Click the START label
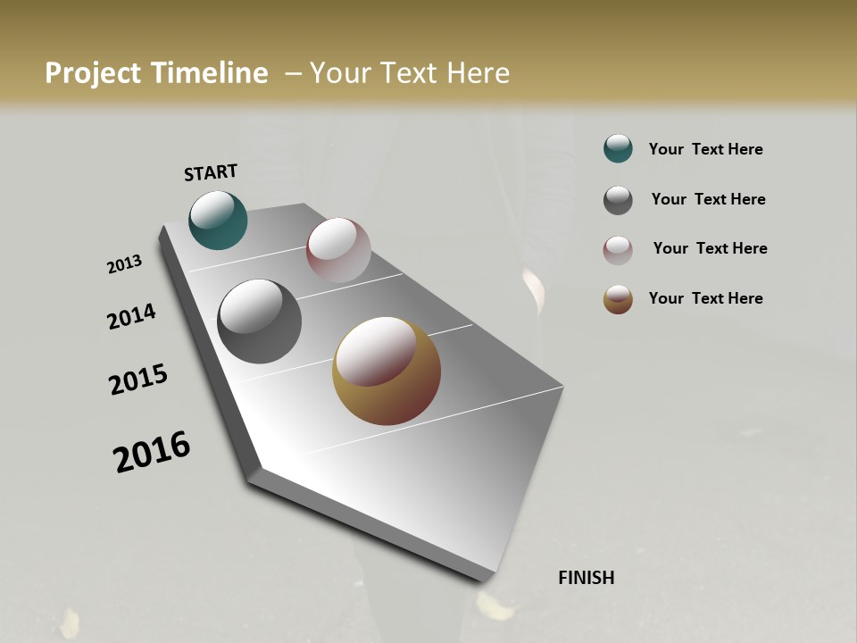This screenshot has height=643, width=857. pyautogui.click(x=211, y=172)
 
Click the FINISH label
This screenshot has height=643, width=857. pyautogui.click(x=586, y=578)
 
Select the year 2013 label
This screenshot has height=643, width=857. pyautogui.click(x=124, y=264)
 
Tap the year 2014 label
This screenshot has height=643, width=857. pyautogui.click(x=131, y=317)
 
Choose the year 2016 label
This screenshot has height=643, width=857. pyautogui.click(x=152, y=452)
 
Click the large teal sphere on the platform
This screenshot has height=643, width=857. pyautogui.click(x=218, y=220)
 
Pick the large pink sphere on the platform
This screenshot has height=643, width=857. pyautogui.click(x=338, y=249)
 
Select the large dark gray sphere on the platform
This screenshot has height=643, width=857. pyautogui.click(x=259, y=321)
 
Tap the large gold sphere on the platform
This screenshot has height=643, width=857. pyautogui.click(x=387, y=371)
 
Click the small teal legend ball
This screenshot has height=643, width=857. pyautogui.click(x=618, y=148)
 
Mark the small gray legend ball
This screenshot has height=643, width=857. pyautogui.click(x=618, y=200)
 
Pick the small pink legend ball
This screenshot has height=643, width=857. pyautogui.click(x=618, y=250)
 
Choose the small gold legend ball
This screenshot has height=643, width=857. pyautogui.click(x=618, y=299)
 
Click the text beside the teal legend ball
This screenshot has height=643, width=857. pyautogui.click(x=705, y=149)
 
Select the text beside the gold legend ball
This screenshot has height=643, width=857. pyautogui.click(x=705, y=298)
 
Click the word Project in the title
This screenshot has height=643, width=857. pyautogui.click(x=92, y=73)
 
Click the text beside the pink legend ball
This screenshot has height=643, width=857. pyautogui.click(x=710, y=248)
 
